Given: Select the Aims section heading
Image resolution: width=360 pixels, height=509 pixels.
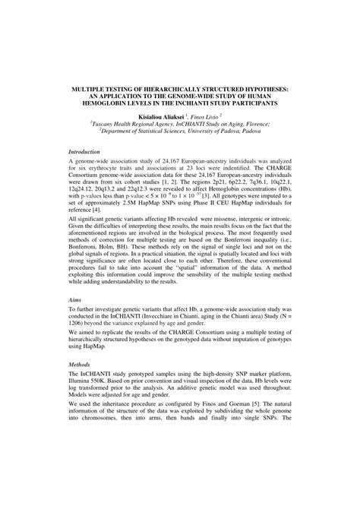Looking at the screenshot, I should (75, 322).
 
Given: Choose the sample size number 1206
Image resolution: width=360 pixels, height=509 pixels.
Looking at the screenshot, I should (81, 348).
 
